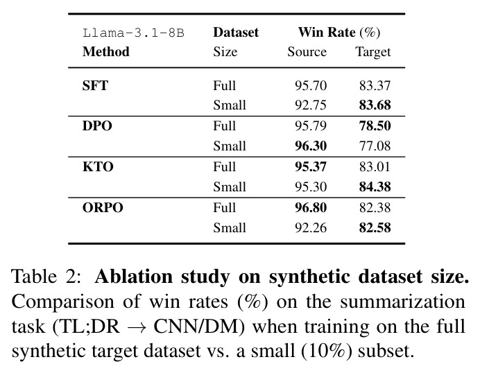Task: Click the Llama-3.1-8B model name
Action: pos(133,33)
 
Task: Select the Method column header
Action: pos(106,51)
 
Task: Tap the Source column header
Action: pos(307,52)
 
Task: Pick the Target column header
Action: pos(373,52)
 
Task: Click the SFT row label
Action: pos(95,85)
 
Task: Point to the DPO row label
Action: pos(97,125)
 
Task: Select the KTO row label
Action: pos(98,167)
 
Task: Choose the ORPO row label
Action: pos(103,207)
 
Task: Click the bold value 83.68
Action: pos(375,105)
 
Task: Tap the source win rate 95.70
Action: pos(311,85)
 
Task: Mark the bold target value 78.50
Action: pos(375,125)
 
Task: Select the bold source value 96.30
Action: pos(311,146)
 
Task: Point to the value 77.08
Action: pos(375,146)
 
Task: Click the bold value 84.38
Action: pos(375,186)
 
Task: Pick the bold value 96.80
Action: pos(311,207)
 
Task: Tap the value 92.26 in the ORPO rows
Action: pos(311,227)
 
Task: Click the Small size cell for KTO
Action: pos(230,186)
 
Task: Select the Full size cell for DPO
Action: pos(224,125)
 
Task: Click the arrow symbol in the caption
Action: pos(137,327)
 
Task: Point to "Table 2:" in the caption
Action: pos(46,277)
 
